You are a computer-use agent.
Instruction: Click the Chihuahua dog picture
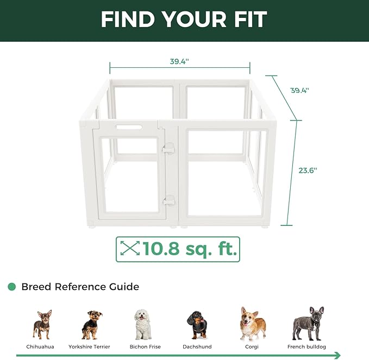[x=41, y=324]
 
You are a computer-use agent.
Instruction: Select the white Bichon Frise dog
[x=143, y=324]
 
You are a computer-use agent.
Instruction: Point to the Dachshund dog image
[x=196, y=325]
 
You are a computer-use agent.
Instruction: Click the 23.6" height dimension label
[x=308, y=170]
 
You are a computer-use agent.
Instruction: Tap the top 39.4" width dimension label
[x=178, y=61]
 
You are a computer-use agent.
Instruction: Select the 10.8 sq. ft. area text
[x=189, y=249]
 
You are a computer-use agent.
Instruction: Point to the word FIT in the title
[x=247, y=20]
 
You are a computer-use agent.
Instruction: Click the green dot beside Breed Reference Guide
[x=12, y=287]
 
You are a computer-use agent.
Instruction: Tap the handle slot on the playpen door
[x=129, y=128]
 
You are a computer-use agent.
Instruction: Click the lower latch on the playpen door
[x=169, y=200]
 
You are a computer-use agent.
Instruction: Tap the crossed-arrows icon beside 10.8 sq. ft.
[x=129, y=249]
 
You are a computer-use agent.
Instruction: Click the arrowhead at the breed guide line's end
[x=337, y=356]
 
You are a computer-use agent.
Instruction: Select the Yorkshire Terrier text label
[x=89, y=346]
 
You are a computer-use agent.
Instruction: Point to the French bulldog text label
[x=307, y=346]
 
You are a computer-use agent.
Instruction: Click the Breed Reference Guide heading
[x=80, y=287]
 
